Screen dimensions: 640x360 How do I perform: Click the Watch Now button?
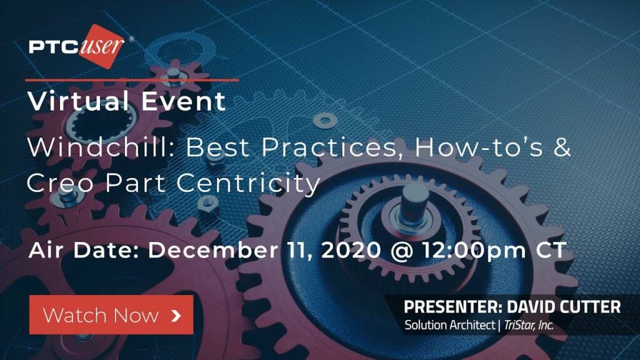[x=111, y=315]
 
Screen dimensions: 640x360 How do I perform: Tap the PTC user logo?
[x=77, y=46]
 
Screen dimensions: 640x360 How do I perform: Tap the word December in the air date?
[x=213, y=250]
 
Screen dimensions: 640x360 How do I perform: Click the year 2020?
[x=351, y=250]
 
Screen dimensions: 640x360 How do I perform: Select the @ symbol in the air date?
[x=402, y=250]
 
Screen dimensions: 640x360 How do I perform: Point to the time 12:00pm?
[x=474, y=250]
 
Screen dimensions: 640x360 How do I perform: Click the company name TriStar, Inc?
[x=529, y=325]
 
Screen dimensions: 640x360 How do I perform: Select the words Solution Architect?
[x=449, y=325]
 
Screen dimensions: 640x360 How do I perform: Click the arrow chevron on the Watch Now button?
[x=176, y=315]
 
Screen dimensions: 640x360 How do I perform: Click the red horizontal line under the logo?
[x=132, y=80]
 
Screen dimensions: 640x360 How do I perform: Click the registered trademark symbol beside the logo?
[x=131, y=39]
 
